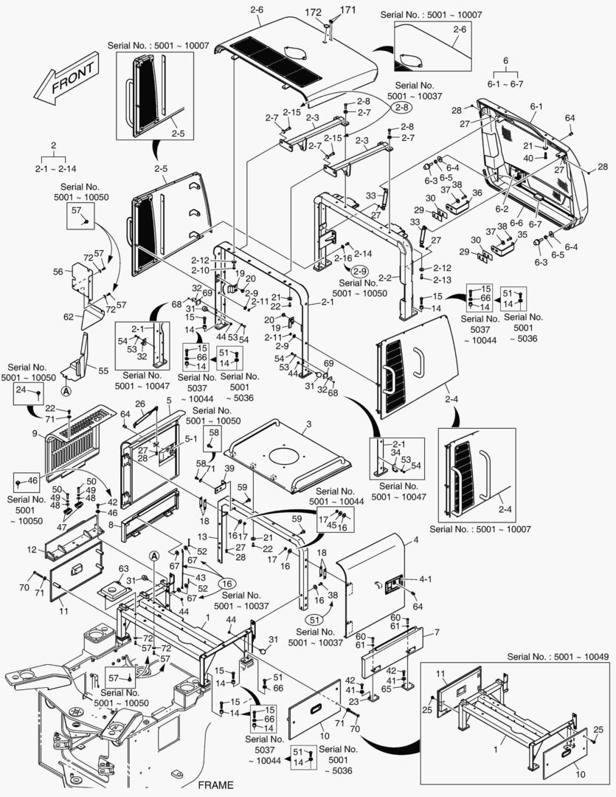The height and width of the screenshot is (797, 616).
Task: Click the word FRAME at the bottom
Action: click(215, 784)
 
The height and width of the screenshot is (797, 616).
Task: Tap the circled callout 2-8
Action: click(402, 108)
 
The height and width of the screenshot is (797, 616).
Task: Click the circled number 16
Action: click(225, 582)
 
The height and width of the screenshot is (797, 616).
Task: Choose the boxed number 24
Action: click(21, 389)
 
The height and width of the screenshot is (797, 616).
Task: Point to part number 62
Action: click(69, 317)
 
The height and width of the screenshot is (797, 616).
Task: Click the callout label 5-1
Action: click(190, 438)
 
